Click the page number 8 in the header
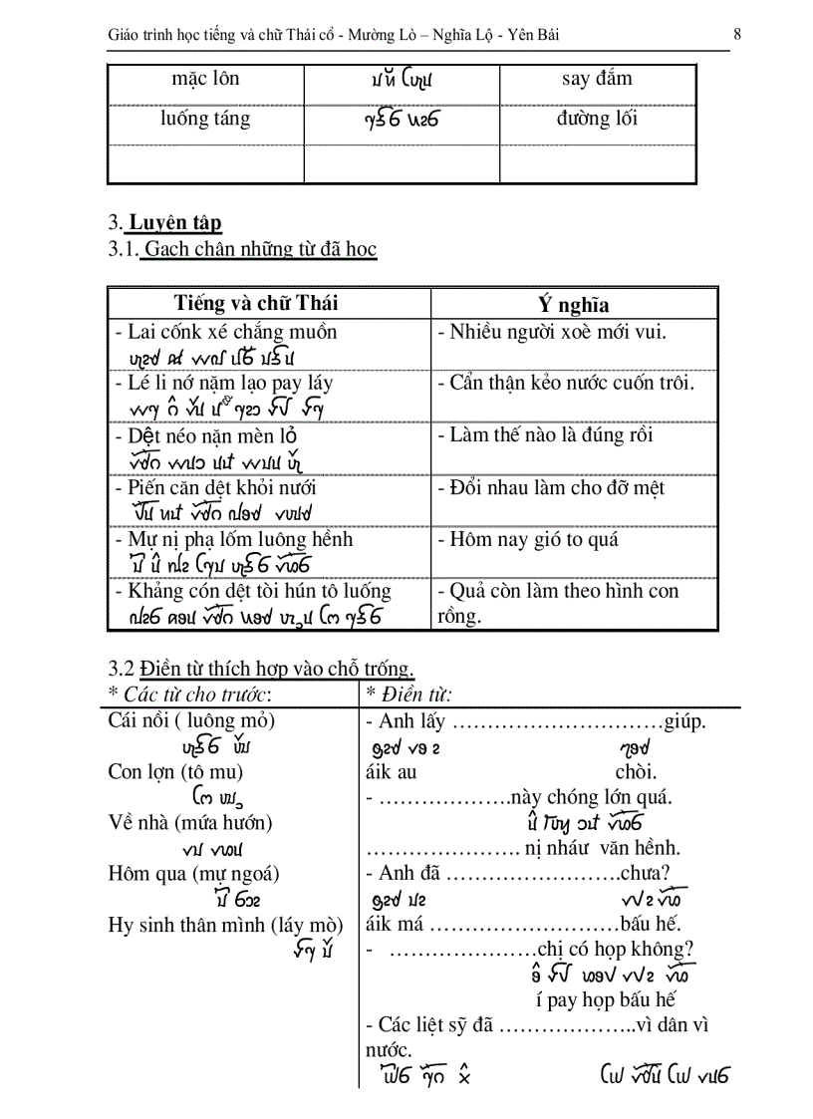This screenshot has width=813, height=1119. [736, 35]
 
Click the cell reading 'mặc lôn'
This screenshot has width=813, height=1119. [205, 78]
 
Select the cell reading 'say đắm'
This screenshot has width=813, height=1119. [597, 78]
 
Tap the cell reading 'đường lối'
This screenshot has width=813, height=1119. [597, 119]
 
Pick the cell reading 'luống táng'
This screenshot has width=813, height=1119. [205, 119]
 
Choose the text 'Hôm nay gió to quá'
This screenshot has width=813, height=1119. [534, 539]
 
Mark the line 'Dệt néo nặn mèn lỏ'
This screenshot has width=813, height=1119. [212, 435]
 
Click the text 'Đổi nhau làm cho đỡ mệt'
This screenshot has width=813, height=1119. [557, 487]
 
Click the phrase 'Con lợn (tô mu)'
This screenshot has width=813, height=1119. [175, 771]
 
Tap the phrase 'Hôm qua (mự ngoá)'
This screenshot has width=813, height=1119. [193, 873]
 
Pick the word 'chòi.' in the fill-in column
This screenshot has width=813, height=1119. [636, 771]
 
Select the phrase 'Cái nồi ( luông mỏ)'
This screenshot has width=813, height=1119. [191, 719]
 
